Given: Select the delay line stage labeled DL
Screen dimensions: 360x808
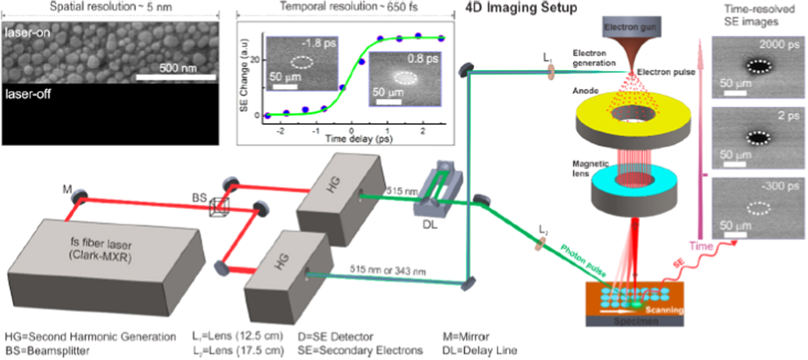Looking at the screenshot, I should [x=437, y=186].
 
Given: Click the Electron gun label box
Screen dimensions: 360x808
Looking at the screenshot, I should [x=630, y=27].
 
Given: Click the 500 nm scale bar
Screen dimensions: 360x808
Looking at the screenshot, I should [x=176, y=77].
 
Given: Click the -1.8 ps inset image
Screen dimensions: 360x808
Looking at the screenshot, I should [x=302, y=63].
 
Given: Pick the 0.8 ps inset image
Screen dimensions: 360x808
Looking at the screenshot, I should [x=405, y=79].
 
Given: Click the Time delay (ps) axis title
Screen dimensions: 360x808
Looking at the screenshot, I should [x=359, y=139].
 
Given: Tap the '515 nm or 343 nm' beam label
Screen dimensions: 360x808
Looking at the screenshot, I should [x=387, y=269].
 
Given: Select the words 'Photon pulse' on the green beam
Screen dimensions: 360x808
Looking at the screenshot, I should [x=583, y=261].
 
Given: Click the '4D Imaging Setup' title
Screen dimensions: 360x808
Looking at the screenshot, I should [x=521, y=8].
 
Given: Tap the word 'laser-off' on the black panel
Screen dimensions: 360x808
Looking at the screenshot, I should [x=28, y=94].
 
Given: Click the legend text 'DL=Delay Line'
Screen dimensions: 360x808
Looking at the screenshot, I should [x=479, y=350].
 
